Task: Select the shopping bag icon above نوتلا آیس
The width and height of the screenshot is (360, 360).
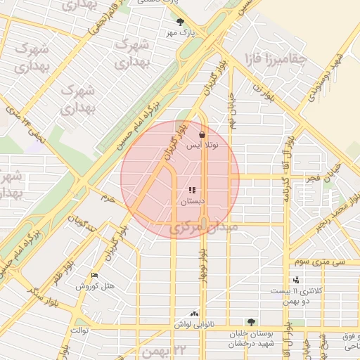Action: (x=202, y=134)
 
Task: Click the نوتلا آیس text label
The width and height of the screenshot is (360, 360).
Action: (x=202, y=146)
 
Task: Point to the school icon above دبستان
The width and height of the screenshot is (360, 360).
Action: (x=192, y=190)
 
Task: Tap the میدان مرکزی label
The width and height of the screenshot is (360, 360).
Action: (x=204, y=229)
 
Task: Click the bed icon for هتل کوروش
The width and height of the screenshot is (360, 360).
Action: (x=95, y=275)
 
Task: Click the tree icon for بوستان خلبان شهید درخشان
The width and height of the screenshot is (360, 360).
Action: (x=251, y=322)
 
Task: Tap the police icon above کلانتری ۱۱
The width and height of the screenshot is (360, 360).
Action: (x=296, y=280)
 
